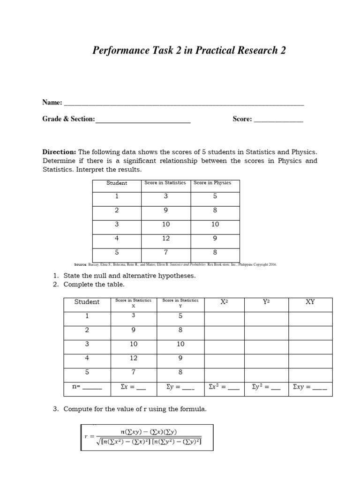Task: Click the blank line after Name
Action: (x=183, y=104)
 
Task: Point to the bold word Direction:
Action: (x=59, y=152)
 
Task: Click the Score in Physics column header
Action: (x=212, y=183)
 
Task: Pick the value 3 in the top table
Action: (x=166, y=196)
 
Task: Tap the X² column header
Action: (x=224, y=302)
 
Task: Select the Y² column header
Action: (x=266, y=302)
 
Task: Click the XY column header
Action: (x=310, y=302)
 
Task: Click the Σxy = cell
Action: (x=310, y=388)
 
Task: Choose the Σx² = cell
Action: (x=224, y=388)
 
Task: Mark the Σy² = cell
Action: (x=266, y=388)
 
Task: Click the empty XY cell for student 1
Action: (x=310, y=316)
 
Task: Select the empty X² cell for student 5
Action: (x=224, y=373)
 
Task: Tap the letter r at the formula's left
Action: (x=86, y=436)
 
